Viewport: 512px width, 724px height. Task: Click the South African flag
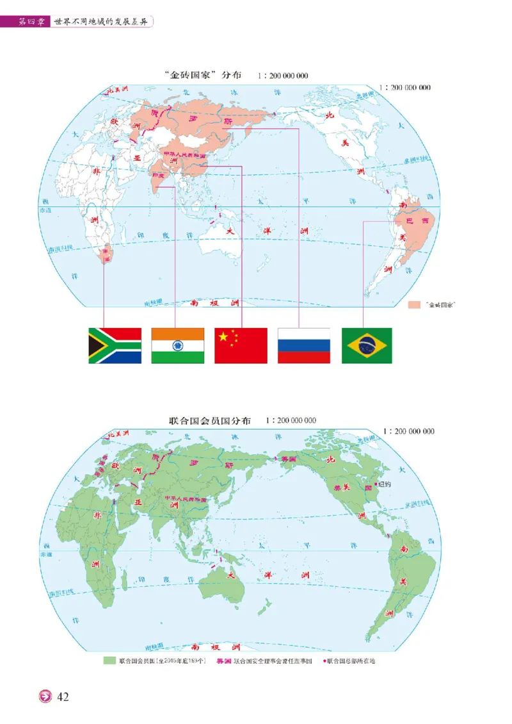click(x=115, y=345)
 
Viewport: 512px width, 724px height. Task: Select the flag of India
click(x=178, y=345)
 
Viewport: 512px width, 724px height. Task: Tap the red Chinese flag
click(x=241, y=345)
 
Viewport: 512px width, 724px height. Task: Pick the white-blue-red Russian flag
click(x=304, y=345)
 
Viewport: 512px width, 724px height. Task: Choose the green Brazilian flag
click(x=367, y=345)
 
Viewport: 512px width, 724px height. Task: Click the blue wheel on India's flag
click(x=178, y=346)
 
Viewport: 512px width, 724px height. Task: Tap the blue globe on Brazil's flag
click(x=367, y=346)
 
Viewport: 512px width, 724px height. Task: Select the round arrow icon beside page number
click(x=46, y=696)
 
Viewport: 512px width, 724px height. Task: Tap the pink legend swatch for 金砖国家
click(x=415, y=306)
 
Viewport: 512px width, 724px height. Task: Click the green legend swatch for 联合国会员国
click(x=109, y=661)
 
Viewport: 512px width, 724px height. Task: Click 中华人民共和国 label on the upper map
click(x=186, y=154)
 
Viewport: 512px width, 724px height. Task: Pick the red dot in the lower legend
click(x=324, y=661)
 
